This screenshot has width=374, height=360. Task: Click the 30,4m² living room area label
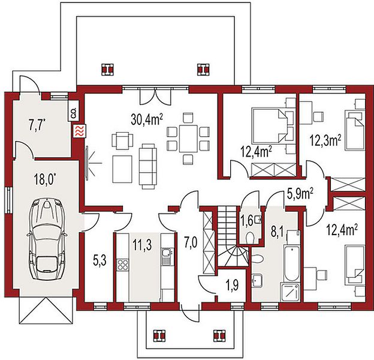147,119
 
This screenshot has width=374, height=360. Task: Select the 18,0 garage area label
46,179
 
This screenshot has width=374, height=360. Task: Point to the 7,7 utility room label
37,126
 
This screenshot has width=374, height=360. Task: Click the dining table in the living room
188,139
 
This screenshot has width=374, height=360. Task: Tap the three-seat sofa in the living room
147,166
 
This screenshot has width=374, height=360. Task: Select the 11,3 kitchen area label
142,245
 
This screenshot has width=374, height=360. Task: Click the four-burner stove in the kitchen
123,265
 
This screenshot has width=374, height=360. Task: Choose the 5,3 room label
99,260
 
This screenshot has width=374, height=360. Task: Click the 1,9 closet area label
232,286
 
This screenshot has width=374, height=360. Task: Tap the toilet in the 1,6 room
251,238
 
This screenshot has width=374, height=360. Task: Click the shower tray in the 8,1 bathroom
291,293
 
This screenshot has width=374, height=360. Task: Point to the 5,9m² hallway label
300,194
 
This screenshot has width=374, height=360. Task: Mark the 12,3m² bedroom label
325,140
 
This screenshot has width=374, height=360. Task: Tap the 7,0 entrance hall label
191,244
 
